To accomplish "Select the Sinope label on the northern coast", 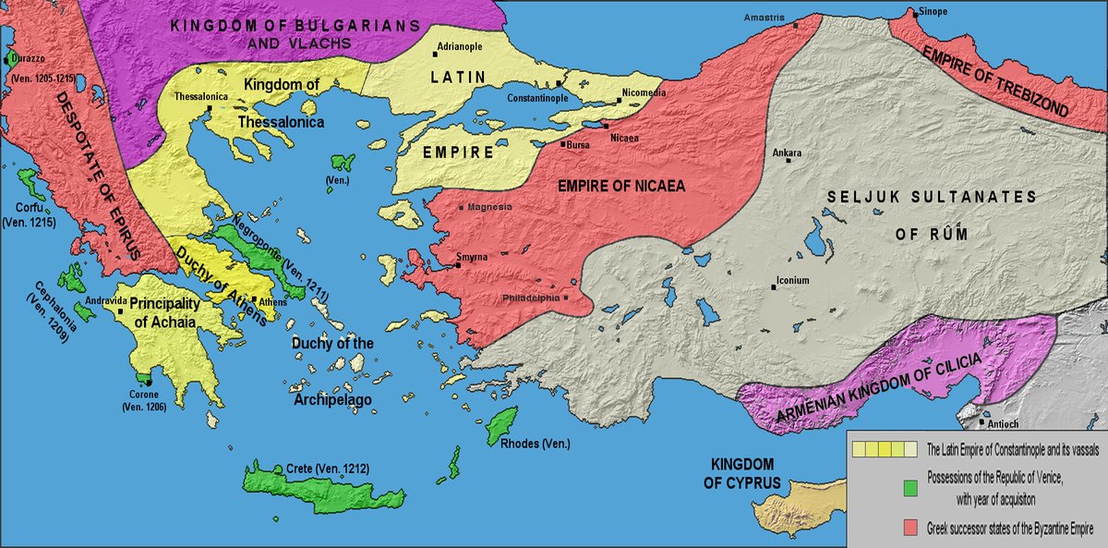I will pyautogui.click(x=933, y=12).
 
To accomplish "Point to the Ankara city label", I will pyautogui.click(x=788, y=152).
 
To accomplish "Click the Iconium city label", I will pyautogui.click(x=792, y=280).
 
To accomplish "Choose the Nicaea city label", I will pyautogui.click(x=624, y=138).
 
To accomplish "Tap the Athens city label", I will pyautogui.click(x=272, y=303).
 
